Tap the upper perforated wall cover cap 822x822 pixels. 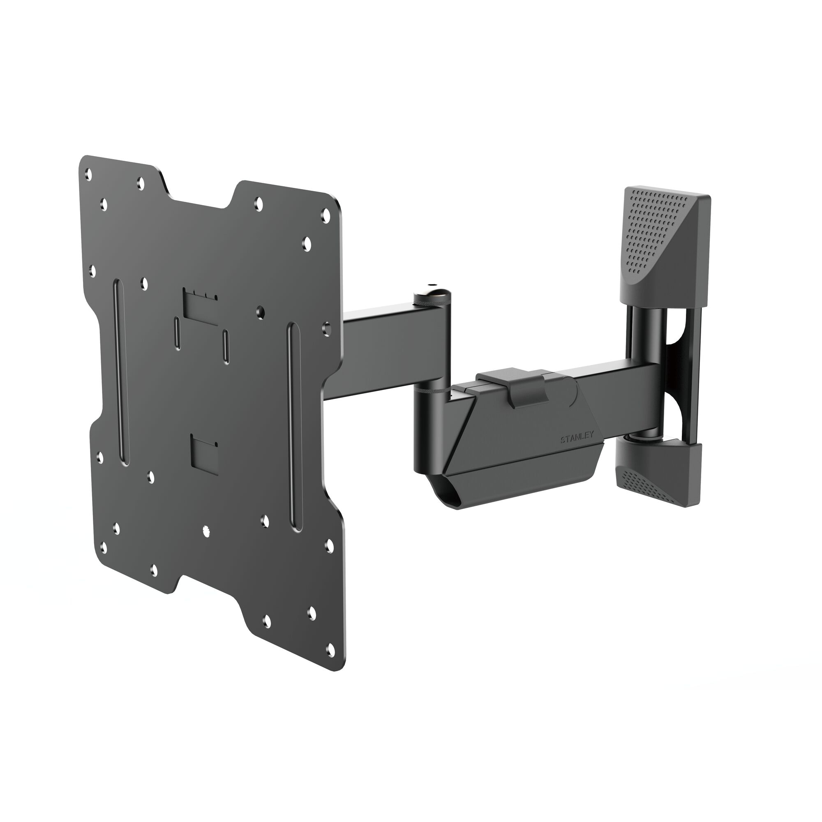(664, 247)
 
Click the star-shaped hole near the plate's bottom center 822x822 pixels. (207, 531)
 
